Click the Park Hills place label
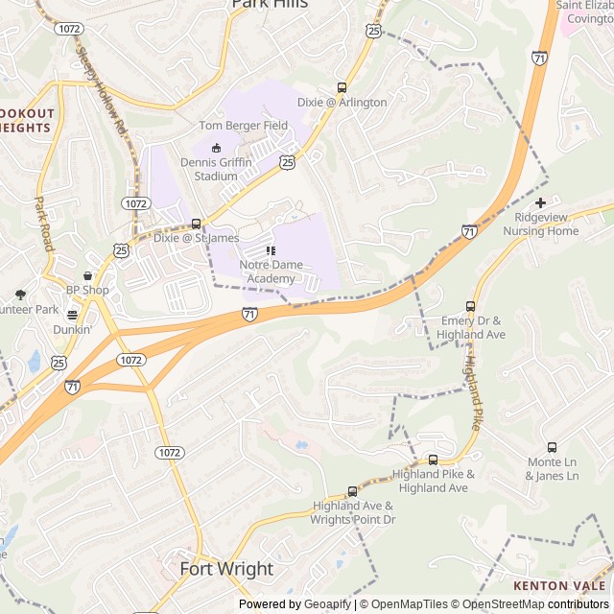pyautogui.click(x=270, y=4)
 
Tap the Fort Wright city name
pyautogui.click(x=226, y=569)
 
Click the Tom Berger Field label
pyautogui.click(x=243, y=126)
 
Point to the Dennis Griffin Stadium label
pyautogui.click(x=216, y=169)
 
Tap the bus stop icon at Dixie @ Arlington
pyautogui.click(x=342, y=87)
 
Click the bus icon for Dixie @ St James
pyautogui.click(x=197, y=224)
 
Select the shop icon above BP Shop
pyautogui.click(x=87, y=275)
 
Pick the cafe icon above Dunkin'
pyautogui.click(x=72, y=314)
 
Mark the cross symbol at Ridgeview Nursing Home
pyautogui.click(x=541, y=202)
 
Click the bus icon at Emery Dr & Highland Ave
pyautogui.click(x=470, y=306)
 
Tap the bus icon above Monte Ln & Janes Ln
pyautogui.click(x=552, y=447)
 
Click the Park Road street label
pyautogui.click(x=42, y=224)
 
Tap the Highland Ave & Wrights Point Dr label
pyautogui.click(x=352, y=512)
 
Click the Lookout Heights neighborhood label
pyautogui.click(x=27, y=120)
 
